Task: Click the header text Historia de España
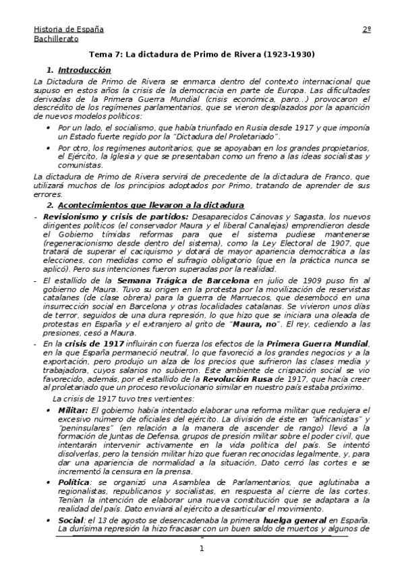[x=69, y=30]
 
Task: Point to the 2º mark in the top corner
[x=367, y=30]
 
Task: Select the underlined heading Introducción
[x=84, y=69]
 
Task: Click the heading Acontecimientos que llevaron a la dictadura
[x=151, y=204]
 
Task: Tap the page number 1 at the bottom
[x=202, y=548]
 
